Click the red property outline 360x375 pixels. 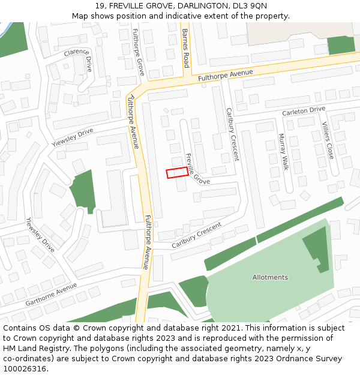click(x=176, y=173)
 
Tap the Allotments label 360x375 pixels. click(x=270, y=277)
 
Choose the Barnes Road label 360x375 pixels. click(x=186, y=47)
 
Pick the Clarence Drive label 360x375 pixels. click(x=79, y=59)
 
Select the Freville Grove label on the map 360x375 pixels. click(x=197, y=169)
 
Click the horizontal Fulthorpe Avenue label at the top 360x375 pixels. click(x=221, y=75)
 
